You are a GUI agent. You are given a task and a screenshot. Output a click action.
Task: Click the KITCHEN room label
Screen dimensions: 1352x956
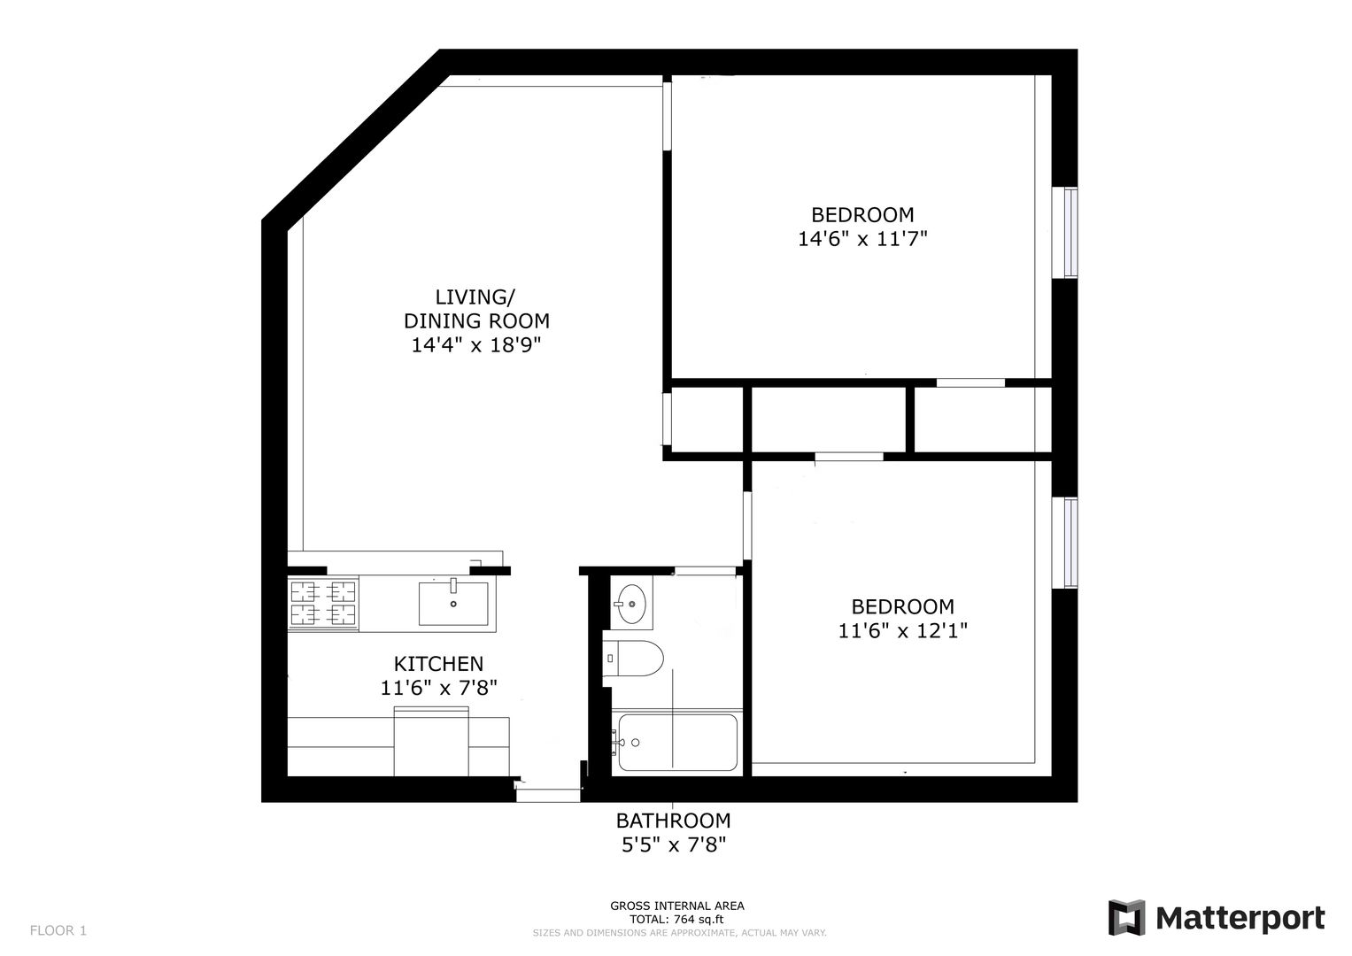point(439,664)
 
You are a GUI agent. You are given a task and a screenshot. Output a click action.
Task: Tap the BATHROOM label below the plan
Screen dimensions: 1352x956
point(673,821)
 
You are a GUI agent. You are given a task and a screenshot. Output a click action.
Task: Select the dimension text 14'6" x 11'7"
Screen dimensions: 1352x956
point(862,239)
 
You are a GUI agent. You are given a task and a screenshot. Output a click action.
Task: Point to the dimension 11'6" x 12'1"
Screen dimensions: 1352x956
point(903,630)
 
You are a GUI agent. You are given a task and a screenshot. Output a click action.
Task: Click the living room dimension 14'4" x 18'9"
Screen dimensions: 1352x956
point(476,345)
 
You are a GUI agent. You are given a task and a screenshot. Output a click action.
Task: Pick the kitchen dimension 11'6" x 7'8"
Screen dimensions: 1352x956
point(439,688)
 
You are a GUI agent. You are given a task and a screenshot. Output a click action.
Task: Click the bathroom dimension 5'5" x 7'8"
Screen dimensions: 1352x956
point(674,845)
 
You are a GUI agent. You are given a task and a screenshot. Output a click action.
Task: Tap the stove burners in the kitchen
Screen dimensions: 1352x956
point(323,604)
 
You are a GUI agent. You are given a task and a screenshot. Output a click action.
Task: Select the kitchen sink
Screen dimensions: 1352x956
point(453,603)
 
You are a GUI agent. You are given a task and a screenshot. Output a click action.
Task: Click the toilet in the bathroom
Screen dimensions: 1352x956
point(633,659)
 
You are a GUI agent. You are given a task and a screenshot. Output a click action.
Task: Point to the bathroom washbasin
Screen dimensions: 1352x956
point(631,604)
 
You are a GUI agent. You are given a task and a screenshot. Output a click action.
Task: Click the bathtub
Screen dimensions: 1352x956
point(677,743)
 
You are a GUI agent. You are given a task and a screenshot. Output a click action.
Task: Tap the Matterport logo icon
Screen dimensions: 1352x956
point(1126,918)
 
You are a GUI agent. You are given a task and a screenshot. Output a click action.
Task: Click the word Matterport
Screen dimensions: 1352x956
point(1240,919)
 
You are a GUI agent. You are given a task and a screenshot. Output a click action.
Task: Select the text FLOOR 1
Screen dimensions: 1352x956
point(58,930)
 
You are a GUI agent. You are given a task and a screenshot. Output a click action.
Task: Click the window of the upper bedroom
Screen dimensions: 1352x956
point(1070,233)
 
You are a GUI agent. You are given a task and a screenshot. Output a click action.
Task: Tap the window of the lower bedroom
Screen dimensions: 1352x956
point(1070,543)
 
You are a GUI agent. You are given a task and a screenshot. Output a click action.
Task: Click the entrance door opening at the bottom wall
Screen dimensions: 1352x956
point(548,790)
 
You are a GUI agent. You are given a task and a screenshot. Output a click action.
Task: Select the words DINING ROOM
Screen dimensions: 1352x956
point(477,320)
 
